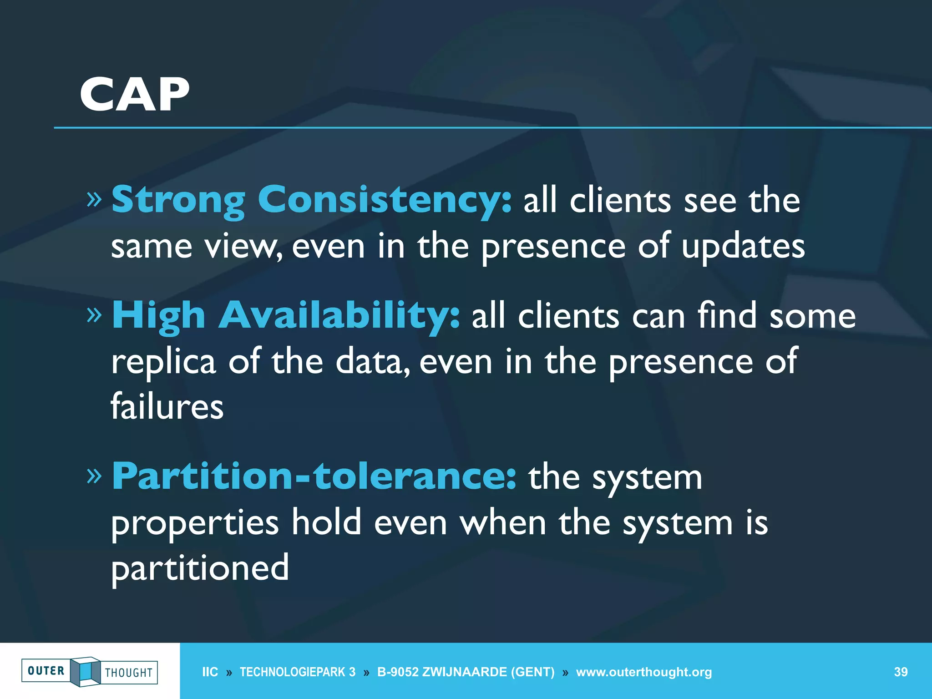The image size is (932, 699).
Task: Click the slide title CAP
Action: (x=134, y=94)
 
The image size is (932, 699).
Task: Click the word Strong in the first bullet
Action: (x=178, y=200)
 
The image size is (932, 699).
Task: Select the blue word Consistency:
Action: (x=385, y=200)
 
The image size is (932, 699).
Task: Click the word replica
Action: (x=163, y=362)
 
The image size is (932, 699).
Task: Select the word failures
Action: (x=167, y=406)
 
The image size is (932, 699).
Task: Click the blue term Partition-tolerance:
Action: (x=314, y=476)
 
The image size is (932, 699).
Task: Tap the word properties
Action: (x=195, y=523)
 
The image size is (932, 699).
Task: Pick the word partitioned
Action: (x=200, y=568)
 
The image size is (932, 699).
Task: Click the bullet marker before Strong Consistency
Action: (x=94, y=199)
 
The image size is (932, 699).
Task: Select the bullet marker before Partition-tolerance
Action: (x=94, y=476)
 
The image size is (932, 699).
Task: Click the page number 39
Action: (x=901, y=672)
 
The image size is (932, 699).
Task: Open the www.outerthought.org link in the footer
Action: (x=643, y=672)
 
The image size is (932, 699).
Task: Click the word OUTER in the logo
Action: (x=46, y=671)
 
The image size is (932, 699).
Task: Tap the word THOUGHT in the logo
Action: (x=129, y=673)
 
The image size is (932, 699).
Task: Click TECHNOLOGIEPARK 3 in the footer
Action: (x=298, y=672)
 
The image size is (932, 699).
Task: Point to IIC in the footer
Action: (x=210, y=672)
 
